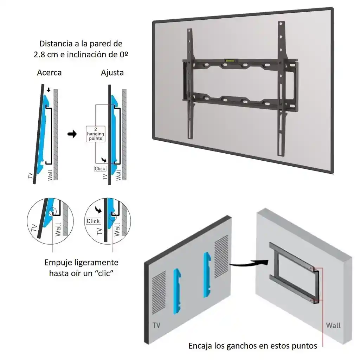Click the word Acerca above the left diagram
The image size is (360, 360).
[x=49, y=72]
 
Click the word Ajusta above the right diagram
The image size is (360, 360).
[x=112, y=72]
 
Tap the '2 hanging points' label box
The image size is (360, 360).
[x=96, y=134]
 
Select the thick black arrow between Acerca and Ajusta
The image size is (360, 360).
[x=72, y=134]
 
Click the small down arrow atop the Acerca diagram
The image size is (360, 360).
[x=49, y=90]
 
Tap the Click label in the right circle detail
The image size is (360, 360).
[x=93, y=221]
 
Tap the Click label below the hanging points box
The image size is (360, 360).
[x=100, y=168]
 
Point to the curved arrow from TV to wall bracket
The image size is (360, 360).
[x=249, y=264]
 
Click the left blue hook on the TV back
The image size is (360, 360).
[x=177, y=291]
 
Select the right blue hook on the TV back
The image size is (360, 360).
[x=207, y=275]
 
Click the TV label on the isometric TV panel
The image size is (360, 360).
[x=156, y=325]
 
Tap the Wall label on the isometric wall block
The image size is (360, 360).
[x=333, y=325]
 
